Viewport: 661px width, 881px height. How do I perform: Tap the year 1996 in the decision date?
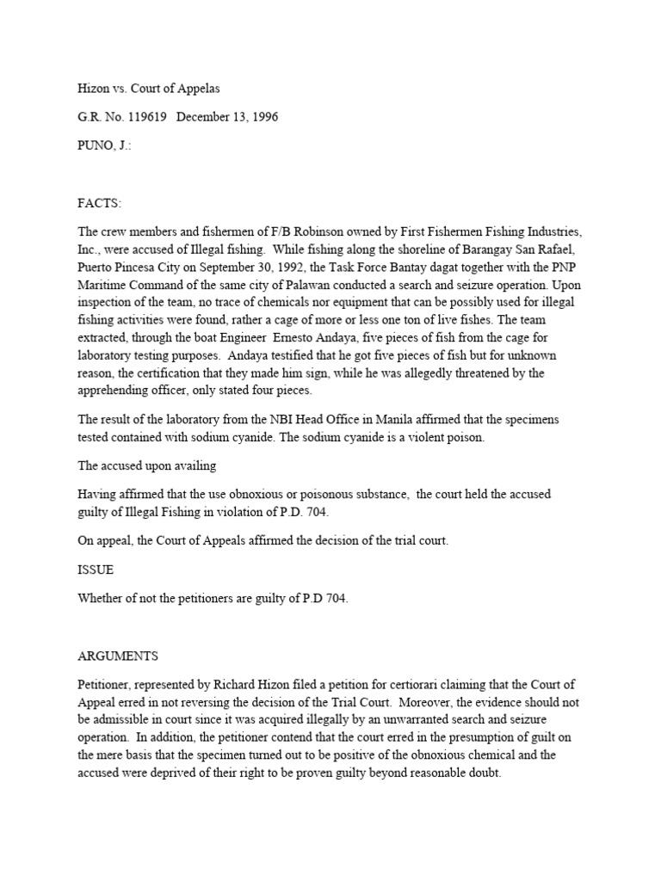tap(261, 116)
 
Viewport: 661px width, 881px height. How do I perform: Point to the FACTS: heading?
tap(99, 203)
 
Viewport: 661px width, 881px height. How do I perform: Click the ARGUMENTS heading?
tap(117, 656)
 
